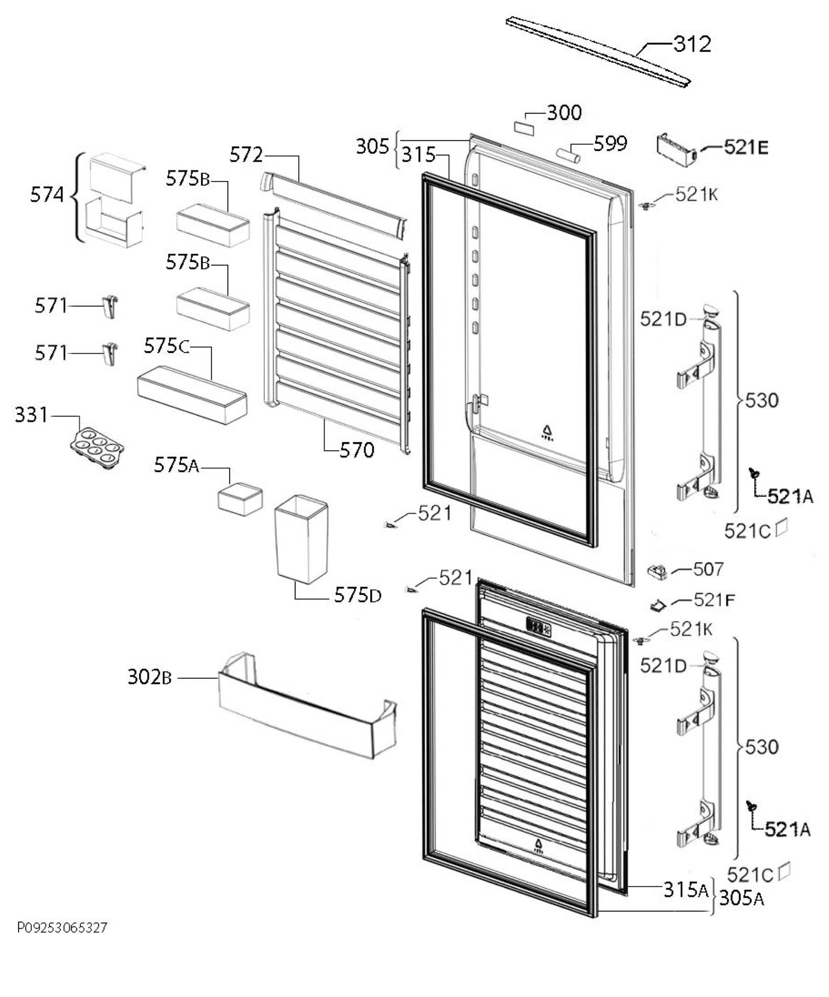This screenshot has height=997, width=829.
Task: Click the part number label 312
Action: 692,44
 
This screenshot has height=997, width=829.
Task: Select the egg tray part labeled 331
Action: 97,448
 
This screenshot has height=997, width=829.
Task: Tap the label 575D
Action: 357,595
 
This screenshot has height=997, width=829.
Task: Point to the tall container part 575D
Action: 302,539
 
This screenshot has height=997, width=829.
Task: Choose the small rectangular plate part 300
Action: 524,128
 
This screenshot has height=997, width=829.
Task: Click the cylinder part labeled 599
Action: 568,155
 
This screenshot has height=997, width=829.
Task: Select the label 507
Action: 708,569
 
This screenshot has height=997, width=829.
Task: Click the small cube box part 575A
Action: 240,499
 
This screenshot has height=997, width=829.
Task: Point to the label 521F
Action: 714,600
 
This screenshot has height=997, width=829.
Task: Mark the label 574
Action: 47,195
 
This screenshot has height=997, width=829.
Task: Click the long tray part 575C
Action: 192,395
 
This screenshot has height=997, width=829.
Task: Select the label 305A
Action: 742,898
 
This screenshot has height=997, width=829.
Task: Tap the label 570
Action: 357,449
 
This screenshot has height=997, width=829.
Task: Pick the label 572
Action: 246,155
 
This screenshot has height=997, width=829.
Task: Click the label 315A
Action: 686,889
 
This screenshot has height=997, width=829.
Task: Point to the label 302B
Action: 150,677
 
